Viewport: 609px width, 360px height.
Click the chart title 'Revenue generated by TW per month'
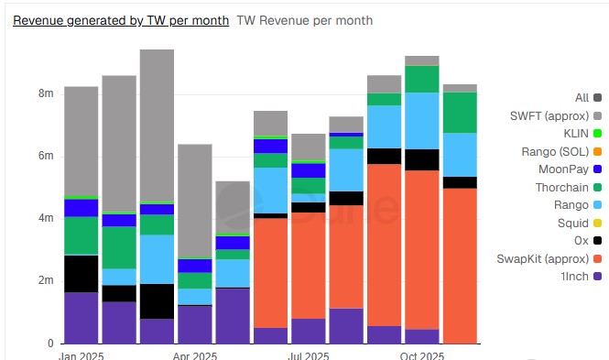(121, 20)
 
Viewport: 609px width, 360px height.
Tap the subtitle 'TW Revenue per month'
(304, 20)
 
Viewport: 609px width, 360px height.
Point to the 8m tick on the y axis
(46, 93)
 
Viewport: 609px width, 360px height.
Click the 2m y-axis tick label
(46, 280)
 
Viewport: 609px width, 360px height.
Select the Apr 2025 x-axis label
(195, 355)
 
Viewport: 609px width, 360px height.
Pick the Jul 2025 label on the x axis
(309, 355)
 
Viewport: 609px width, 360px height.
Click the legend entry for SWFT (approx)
(556, 115)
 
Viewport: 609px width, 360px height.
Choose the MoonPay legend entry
(570, 169)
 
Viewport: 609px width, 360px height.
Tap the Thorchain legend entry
(569, 187)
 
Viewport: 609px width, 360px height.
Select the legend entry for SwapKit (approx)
(549, 258)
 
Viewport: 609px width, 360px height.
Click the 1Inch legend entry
(581, 277)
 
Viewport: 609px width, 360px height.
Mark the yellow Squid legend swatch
(597, 223)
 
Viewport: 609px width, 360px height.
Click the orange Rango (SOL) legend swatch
(597, 151)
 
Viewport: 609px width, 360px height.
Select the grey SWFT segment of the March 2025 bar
(157, 125)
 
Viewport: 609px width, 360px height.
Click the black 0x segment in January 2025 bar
(82, 274)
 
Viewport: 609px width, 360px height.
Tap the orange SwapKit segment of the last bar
(461, 266)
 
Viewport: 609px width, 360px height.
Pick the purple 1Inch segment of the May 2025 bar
(233, 316)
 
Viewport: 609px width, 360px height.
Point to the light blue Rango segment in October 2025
(422, 121)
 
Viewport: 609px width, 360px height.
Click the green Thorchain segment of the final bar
(461, 113)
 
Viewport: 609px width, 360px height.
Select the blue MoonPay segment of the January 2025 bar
(82, 208)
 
